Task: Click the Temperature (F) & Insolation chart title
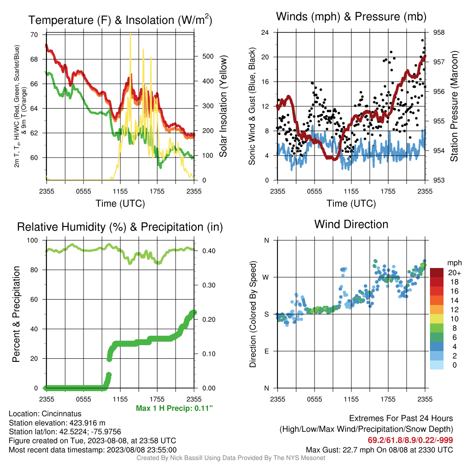(120, 20)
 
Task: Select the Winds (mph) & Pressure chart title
(351, 17)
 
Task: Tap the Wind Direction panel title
(351, 224)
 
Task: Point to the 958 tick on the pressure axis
(439, 32)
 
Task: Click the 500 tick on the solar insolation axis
(208, 56)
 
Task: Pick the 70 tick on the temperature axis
(34, 35)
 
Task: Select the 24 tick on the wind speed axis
(265, 32)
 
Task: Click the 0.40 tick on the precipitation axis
(208, 251)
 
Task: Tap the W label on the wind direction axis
(266, 277)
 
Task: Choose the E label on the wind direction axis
(266, 351)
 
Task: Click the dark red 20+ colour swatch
(437, 273)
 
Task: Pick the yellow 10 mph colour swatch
(437, 319)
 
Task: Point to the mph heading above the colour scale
(454, 263)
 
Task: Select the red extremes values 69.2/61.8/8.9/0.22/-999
(410, 440)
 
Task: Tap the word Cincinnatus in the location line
(61, 414)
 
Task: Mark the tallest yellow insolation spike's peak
(130, 33)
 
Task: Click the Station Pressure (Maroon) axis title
(454, 106)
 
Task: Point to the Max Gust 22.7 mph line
(379, 450)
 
